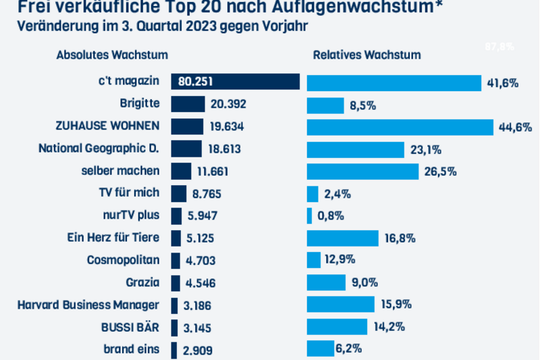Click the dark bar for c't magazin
(235, 82)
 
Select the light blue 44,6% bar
(400, 127)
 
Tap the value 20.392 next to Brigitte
(228, 104)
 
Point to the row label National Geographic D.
(99, 148)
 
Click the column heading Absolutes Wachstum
(112, 55)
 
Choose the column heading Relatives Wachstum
(367, 55)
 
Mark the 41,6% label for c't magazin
(502, 83)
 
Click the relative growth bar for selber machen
(362, 171)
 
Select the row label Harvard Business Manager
(88, 305)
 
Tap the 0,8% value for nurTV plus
(330, 216)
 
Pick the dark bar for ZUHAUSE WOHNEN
(187, 126)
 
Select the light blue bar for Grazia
(326, 282)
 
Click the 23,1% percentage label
(425, 149)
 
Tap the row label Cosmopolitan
(124, 260)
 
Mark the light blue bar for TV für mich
(313, 194)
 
